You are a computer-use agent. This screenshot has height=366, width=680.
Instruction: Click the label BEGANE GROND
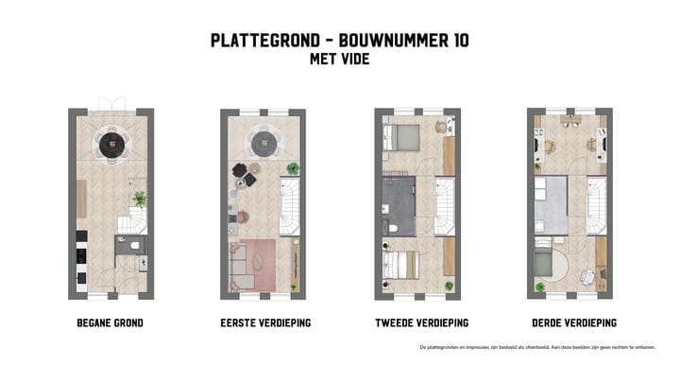coord(110,323)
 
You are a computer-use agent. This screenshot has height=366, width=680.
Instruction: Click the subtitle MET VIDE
coord(339,59)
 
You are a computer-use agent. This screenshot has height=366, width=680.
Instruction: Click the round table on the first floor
coord(262,144)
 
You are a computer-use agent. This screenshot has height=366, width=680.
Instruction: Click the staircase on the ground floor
coord(132,222)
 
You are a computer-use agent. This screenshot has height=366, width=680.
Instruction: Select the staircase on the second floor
coord(443,204)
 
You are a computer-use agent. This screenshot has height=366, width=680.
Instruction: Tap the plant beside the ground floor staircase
coord(140,199)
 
